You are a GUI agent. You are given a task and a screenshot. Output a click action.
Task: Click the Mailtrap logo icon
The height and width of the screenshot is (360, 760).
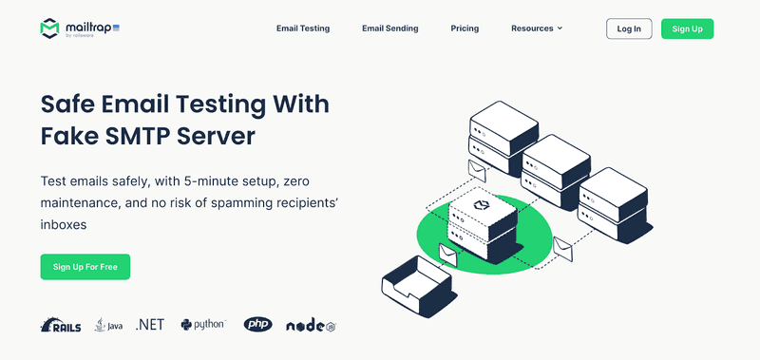point(49,28)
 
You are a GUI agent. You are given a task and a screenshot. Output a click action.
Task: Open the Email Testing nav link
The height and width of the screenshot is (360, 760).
point(303,28)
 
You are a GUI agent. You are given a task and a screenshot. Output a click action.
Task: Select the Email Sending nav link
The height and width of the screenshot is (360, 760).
point(390,28)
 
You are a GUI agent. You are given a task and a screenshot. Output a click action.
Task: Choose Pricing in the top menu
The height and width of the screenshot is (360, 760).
point(465,28)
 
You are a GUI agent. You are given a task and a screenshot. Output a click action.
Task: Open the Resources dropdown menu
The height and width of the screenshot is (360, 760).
point(537,28)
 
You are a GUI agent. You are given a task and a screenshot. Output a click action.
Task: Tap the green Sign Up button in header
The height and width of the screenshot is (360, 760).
point(687,28)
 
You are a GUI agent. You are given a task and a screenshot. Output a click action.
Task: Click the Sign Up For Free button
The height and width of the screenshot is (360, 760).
point(85,267)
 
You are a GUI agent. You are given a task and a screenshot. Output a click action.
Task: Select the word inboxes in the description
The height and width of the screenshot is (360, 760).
point(64,225)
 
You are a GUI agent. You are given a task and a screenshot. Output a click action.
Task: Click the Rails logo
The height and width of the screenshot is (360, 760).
point(61,325)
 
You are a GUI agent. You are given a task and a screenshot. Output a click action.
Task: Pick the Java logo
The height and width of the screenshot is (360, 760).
point(108,325)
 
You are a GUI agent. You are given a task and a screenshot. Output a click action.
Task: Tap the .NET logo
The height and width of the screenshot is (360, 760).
point(150,325)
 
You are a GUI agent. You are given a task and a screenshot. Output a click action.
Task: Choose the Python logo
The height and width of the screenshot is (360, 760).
point(202,325)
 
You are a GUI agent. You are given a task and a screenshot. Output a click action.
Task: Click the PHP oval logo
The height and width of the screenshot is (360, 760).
point(257,325)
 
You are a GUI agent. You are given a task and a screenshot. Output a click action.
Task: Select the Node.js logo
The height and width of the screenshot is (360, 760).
point(312,326)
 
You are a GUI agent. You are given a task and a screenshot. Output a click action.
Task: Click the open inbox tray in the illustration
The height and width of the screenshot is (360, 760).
point(419,286)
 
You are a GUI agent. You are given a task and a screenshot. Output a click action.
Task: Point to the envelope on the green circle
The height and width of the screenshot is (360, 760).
point(447,255)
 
